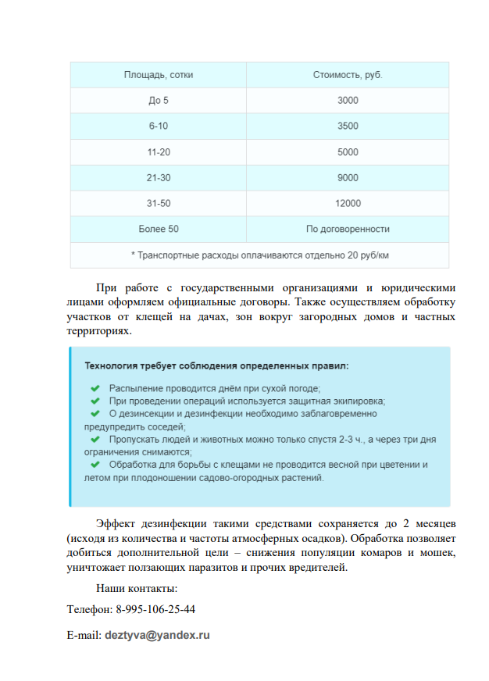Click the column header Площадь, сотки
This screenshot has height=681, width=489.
(x=159, y=75)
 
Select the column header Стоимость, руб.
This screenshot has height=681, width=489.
(x=348, y=75)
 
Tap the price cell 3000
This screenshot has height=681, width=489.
(x=348, y=101)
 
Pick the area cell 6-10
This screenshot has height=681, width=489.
(x=159, y=127)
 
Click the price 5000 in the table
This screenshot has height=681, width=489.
(x=348, y=152)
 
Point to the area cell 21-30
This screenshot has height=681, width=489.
(x=159, y=178)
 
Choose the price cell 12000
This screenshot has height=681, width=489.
(x=348, y=204)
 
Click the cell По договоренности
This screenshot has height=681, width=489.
(x=348, y=230)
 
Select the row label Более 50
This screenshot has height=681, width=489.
(x=159, y=230)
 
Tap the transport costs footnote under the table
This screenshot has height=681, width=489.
(x=260, y=255)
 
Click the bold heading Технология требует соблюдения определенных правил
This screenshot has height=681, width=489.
(x=216, y=365)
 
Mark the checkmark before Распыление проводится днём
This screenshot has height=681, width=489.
(x=95, y=388)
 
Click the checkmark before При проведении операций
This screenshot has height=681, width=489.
(x=95, y=401)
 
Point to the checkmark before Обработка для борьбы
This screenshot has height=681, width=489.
(x=95, y=465)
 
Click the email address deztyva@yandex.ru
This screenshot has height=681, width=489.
(x=157, y=636)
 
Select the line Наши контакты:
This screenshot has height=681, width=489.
(x=137, y=588)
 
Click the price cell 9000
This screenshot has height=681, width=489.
(x=348, y=178)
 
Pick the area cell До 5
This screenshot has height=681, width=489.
(x=159, y=101)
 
